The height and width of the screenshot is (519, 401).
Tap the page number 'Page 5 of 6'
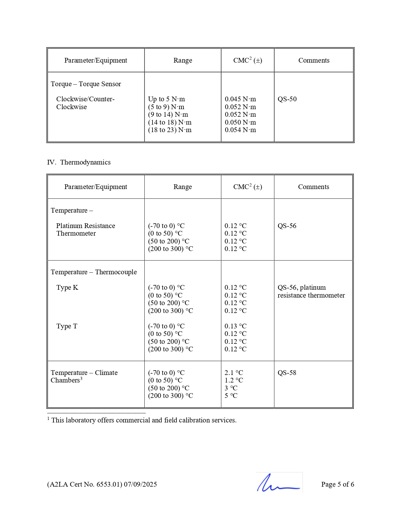click(x=337, y=484)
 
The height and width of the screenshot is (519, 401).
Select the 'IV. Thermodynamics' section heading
click(x=79, y=162)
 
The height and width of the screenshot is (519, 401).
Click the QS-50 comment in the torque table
click(x=287, y=99)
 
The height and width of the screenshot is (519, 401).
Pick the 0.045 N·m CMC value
click(x=240, y=99)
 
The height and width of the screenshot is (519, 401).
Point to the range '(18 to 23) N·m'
click(x=170, y=130)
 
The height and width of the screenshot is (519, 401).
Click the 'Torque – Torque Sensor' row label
click(x=86, y=84)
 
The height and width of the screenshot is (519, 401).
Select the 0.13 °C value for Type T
click(x=235, y=326)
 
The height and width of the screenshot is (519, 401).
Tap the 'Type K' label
click(x=67, y=287)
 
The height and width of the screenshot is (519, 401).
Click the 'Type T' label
click(x=67, y=326)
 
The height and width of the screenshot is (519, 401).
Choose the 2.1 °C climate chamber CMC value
click(x=234, y=373)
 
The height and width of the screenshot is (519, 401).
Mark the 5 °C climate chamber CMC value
click(x=231, y=396)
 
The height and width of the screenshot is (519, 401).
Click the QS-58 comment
click(x=287, y=373)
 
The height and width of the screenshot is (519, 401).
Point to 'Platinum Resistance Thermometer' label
click(x=85, y=230)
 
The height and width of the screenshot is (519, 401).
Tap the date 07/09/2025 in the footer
click(x=140, y=484)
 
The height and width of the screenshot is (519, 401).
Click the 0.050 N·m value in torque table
click(x=240, y=122)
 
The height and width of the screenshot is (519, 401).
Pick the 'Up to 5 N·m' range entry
click(x=166, y=99)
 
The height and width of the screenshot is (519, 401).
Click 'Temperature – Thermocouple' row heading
click(x=94, y=272)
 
